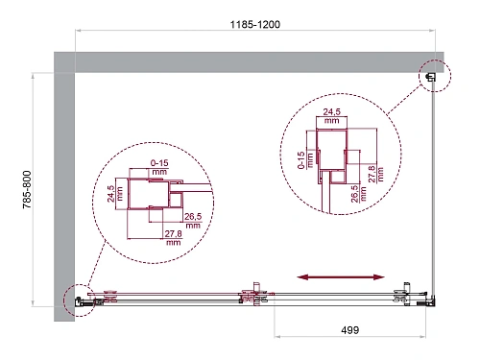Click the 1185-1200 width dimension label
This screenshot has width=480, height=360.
255,24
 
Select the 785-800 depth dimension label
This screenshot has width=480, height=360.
27,189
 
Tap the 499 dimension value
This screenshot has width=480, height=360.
349,330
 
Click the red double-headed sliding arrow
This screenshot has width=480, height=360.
341,277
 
